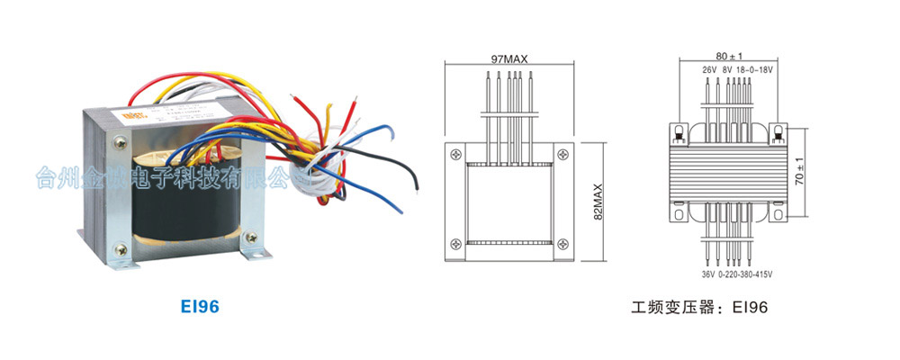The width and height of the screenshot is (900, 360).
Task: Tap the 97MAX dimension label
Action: pos(509,58)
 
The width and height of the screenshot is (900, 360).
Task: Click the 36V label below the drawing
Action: pos(706,274)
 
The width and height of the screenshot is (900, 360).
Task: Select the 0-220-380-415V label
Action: pos(745,274)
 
